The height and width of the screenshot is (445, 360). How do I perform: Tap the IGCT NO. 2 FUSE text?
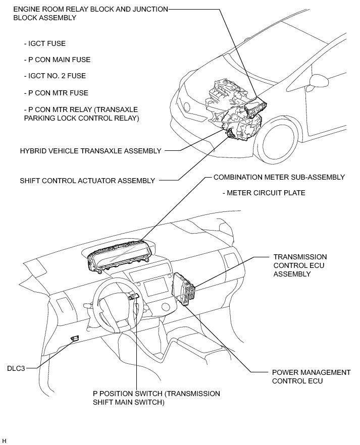point(55,76)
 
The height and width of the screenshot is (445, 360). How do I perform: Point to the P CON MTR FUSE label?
point(56,93)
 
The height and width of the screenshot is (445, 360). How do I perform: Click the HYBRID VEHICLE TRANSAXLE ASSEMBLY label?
point(91,150)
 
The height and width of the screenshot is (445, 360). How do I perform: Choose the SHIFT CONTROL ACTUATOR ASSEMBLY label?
point(87,181)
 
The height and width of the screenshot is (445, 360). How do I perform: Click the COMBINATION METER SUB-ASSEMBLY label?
point(279,177)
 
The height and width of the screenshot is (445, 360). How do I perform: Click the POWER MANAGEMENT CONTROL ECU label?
point(311,376)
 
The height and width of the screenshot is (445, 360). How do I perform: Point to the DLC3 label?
point(16,368)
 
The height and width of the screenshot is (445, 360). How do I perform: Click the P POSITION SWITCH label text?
point(157,398)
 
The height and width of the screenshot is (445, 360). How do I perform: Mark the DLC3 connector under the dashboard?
point(75,338)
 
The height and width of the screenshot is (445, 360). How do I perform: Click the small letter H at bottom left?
point(4,440)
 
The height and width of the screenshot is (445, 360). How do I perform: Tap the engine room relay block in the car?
point(255,106)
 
